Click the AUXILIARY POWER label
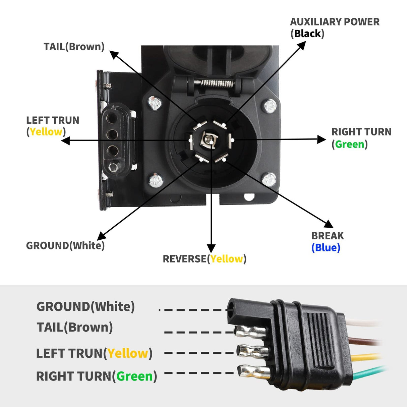pyautogui.click(x=334, y=22)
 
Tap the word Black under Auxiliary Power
pyautogui.click(x=307, y=34)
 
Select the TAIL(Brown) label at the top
pyautogui.click(x=74, y=47)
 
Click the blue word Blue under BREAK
pyautogui.click(x=326, y=248)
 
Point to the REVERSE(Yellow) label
pyautogui.click(x=204, y=259)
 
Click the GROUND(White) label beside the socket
pyautogui.click(x=65, y=245)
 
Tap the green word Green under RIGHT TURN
pyautogui.click(x=349, y=144)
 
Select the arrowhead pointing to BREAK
pyautogui.click(x=329, y=224)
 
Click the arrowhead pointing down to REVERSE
pyautogui.click(x=211, y=248)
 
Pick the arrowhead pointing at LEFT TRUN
pyautogui.click(x=65, y=141)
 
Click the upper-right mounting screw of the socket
pyautogui.click(x=270, y=107)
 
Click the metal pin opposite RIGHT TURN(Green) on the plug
pyautogui.click(x=254, y=371)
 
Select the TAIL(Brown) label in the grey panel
pyautogui.click(x=75, y=327)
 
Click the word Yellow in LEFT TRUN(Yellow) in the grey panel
pyautogui.click(x=128, y=353)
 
